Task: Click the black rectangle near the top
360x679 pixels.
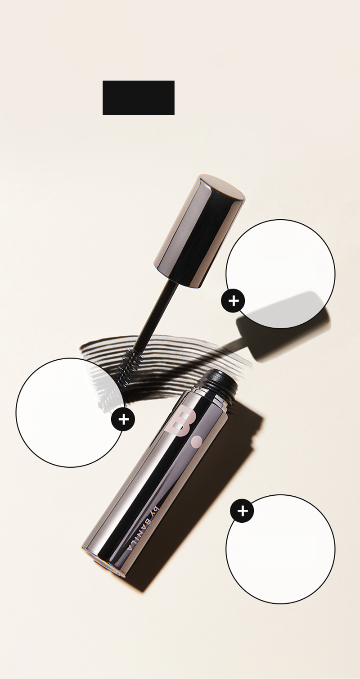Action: (x=139, y=98)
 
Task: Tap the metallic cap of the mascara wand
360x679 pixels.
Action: (x=199, y=231)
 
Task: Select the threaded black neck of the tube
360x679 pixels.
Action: (x=219, y=384)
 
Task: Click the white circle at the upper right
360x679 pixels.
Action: (x=281, y=274)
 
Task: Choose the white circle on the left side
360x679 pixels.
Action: (x=70, y=412)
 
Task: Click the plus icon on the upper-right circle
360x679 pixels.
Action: (x=233, y=301)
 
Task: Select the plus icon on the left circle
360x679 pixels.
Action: (x=123, y=420)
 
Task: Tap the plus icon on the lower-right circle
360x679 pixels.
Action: (x=242, y=512)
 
